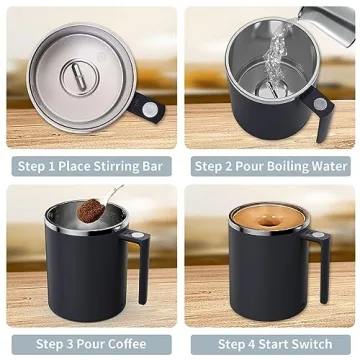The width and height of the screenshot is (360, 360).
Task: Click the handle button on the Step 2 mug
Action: pos(319,103)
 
